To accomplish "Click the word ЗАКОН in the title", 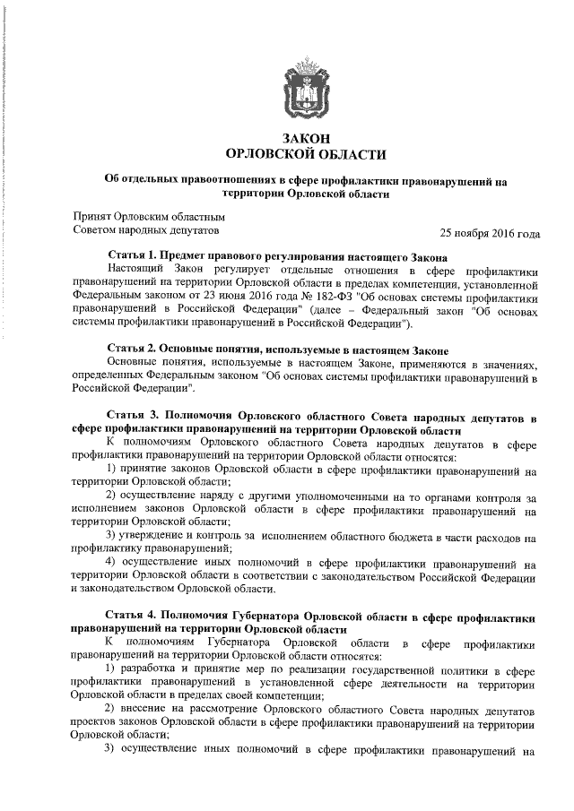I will click(x=305, y=138).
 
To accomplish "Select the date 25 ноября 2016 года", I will click(x=490, y=234).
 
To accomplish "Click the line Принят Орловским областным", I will click(x=148, y=216).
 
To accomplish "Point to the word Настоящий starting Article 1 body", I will click(x=138, y=268).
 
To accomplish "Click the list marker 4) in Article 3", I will click(x=112, y=564).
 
